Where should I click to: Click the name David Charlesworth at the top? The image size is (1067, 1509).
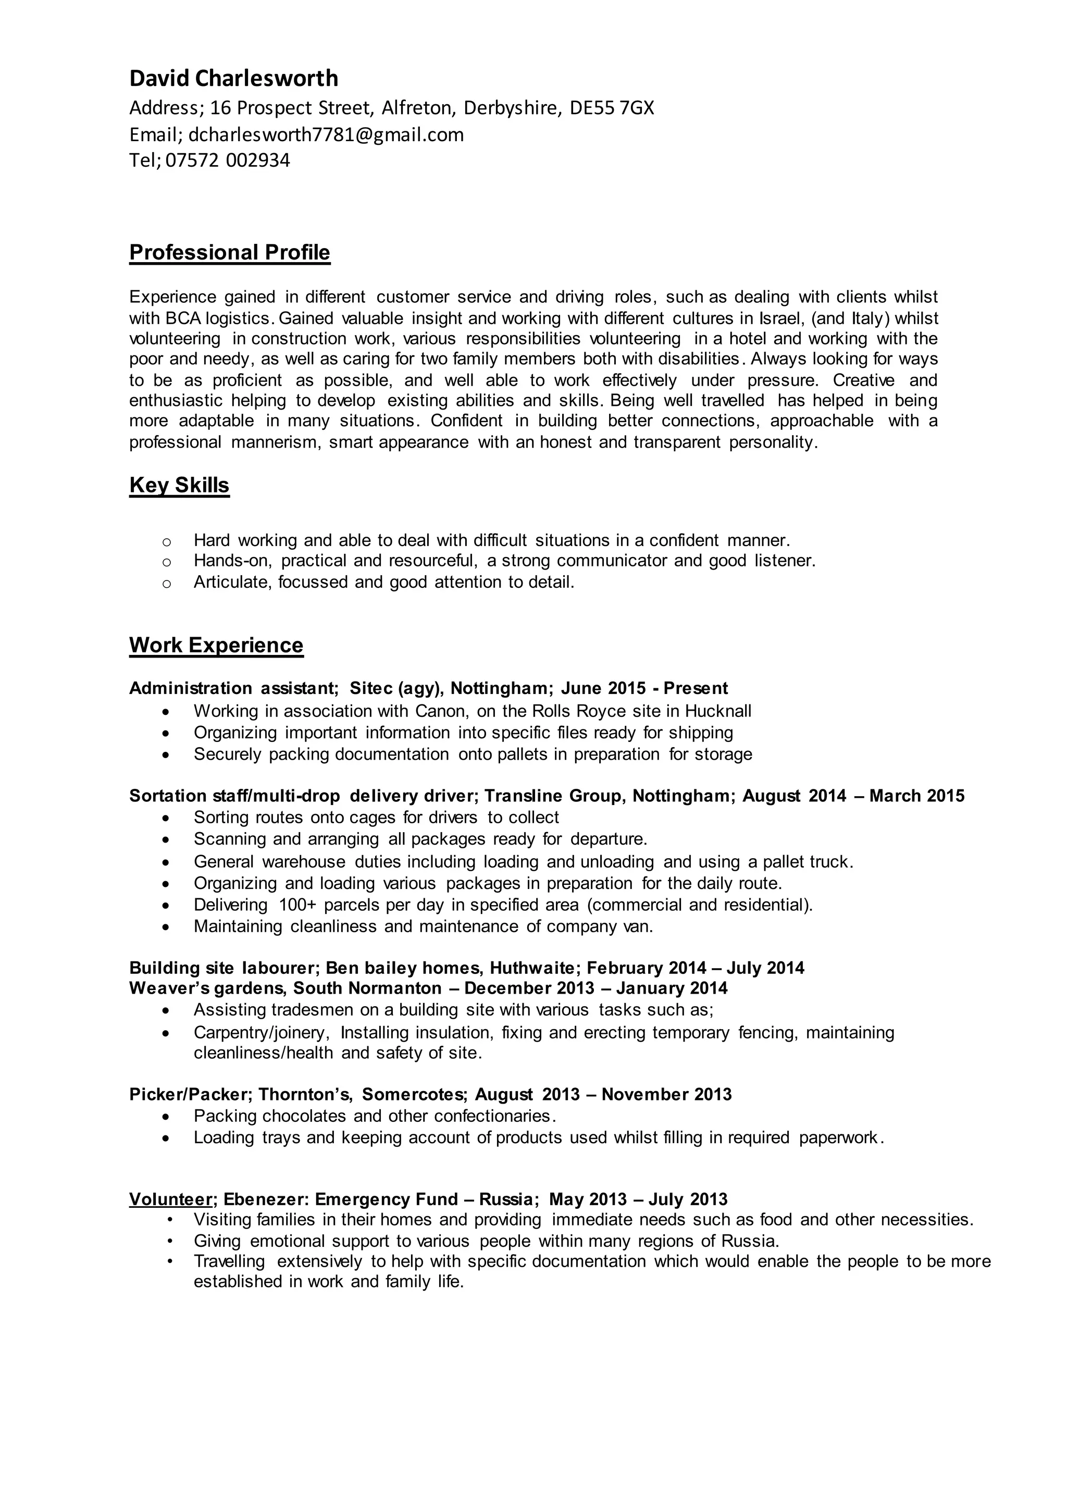(233, 78)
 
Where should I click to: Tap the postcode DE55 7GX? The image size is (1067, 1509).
(612, 108)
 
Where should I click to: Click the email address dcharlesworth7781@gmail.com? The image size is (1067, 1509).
(326, 135)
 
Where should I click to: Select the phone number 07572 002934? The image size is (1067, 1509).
(227, 160)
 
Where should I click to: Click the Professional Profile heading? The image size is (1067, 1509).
(229, 252)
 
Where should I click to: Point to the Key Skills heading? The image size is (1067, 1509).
(179, 485)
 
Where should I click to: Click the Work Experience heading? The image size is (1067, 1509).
(216, 645)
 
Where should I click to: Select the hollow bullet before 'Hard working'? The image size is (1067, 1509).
(166, 541)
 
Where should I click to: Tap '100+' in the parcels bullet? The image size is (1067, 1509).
(297, 905)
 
